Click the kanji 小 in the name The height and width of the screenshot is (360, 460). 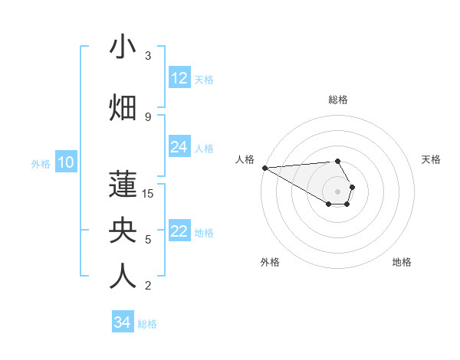[x=123, y=47]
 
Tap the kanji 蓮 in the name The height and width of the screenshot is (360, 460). [x=123, y=184]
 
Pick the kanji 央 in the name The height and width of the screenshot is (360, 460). [x=123, y=231]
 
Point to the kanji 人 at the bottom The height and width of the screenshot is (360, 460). [x=123, y=277]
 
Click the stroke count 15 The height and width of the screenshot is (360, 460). [x=148, y=194]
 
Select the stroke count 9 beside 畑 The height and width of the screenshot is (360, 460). [x=148, y=116]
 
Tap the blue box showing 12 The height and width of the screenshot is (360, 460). [x=179, y=78]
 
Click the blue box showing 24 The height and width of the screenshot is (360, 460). [x=179, y=147]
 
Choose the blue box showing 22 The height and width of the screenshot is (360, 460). [x=179, y=232]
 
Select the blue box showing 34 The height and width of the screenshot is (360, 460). [x=122, y=323]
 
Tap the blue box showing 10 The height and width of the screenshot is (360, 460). [x=66, y=162]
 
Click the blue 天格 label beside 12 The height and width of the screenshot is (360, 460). [x=203, y=79]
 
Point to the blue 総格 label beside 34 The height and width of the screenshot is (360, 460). [x=147, y=324]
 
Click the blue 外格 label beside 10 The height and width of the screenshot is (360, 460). [x=40, y=163]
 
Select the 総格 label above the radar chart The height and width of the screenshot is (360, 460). [x=338, y=100]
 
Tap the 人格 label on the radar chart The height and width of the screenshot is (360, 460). [x=245, y=159]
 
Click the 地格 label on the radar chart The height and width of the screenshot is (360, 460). [x=402, y=262]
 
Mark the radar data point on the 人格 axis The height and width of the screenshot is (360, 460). [x=264, y=168]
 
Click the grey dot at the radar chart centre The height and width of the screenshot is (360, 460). [x=338, y=191]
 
